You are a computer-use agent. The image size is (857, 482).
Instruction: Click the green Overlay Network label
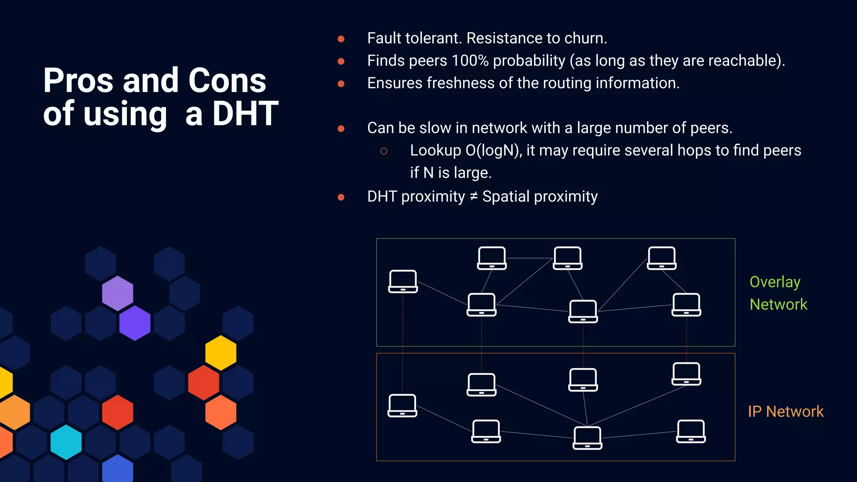(x=778, y=293)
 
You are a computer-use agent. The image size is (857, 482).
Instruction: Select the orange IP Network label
(x=785, y=411)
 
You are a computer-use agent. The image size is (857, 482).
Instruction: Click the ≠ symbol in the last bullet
(x=473, y=196)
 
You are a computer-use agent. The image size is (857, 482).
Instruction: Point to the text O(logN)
(x=493, y=150)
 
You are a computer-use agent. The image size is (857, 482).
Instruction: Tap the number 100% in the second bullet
(x=470, y=61)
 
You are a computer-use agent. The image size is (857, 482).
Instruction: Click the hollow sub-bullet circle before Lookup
(x=384, y=151)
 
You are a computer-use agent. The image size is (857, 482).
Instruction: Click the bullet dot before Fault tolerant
(x=341, y=39)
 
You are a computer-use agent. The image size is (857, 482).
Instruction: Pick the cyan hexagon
(x=66, y=442)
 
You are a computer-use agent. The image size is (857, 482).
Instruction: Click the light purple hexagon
(x=118, y=293)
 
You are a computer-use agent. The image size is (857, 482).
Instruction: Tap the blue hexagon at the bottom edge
(x=118, y=469)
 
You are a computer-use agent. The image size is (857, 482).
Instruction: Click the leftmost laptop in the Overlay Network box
(x=403, y=281)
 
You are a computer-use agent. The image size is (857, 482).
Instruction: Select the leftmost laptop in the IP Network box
(x=402, y=405)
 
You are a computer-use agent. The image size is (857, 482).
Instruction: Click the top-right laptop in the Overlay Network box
(x=662, y=258)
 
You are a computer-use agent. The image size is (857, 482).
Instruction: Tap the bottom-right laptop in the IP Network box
(x=691, y=431)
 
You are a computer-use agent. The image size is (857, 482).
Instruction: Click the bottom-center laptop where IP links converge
(x=587, y=438)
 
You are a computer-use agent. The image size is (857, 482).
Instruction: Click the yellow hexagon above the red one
(x=221, y=353)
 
